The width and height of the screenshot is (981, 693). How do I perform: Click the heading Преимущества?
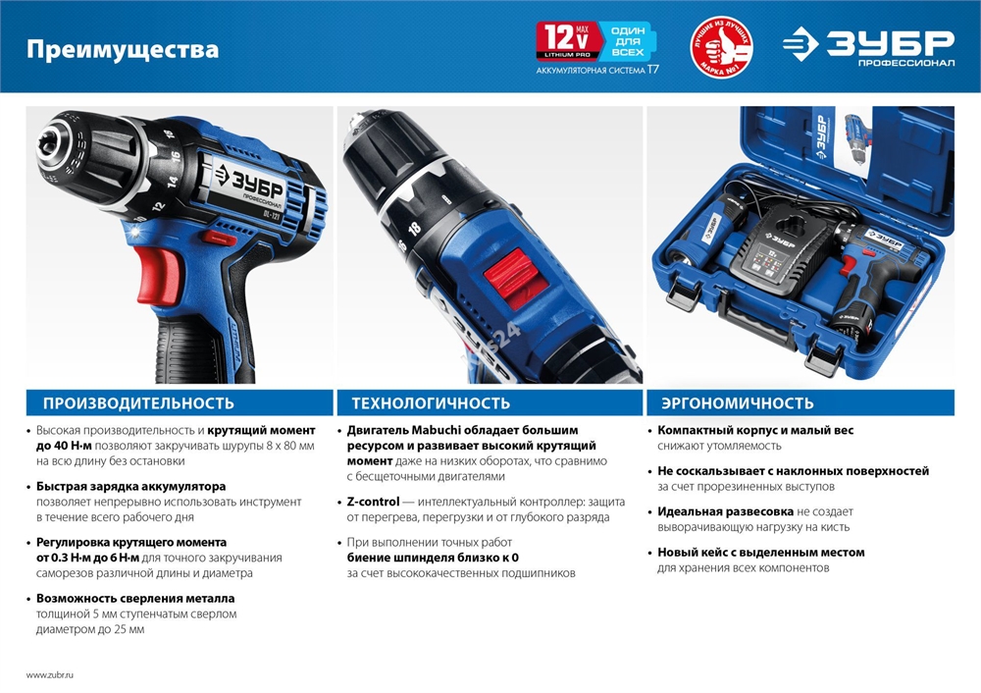(x=122, y=50)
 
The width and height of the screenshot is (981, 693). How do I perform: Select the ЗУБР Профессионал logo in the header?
(x=868, y=47)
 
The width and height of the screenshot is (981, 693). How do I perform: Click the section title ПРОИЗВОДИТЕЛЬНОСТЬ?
(x=138, y=403)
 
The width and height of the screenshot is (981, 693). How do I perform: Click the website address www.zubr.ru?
(x=50, y=675)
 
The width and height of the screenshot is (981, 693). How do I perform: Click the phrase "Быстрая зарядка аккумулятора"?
(x=130, y=486)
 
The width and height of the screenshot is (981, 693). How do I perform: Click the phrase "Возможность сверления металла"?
(x=135, y=598)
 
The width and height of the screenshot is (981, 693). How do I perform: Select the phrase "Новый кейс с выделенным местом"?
(x=760, y=553)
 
